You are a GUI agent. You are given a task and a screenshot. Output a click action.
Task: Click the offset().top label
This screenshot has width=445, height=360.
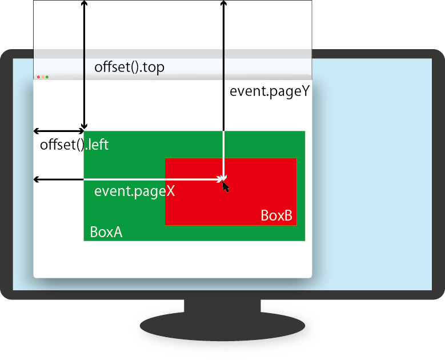click(129, 67)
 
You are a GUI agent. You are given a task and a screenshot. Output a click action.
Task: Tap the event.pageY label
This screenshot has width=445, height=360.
click(269, 91)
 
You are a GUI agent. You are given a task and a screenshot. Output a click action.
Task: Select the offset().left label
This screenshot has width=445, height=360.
click(74, 145)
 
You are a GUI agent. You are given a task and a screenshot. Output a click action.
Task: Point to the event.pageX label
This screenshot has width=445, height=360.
click(134, 191)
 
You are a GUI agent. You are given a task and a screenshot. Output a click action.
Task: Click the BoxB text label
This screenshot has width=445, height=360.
click(276, 216)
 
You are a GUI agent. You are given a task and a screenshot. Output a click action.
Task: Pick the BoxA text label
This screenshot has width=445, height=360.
click(106, 233)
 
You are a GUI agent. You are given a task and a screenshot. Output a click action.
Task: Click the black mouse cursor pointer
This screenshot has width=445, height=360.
click(226, 186)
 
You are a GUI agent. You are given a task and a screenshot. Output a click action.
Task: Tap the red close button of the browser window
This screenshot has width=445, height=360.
click(38, 77)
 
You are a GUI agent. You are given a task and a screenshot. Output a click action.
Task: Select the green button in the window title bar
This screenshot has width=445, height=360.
click(47, 77)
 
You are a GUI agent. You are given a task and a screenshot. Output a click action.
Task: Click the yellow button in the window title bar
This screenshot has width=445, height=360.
click(42, 77)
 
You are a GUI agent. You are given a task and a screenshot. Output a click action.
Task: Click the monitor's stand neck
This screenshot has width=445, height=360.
click(222, 306)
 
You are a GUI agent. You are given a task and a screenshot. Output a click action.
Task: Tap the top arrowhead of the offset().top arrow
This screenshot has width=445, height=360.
click(85, 3)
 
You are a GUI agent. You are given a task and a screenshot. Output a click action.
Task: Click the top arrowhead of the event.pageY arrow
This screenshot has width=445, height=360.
click(223, 3)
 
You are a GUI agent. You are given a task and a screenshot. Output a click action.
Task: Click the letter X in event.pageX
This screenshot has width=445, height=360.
click(170, 191)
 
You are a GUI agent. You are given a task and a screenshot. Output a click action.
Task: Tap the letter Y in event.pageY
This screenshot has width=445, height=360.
click(304, 91)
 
